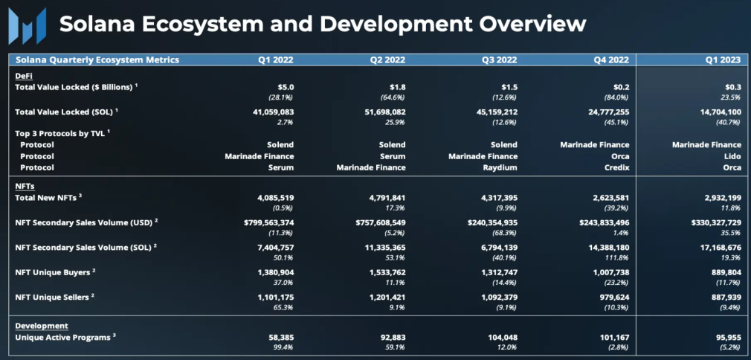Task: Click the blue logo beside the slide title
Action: click(28, 25)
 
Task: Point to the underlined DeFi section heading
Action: click(24, 76)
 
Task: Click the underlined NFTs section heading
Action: click(25, 187)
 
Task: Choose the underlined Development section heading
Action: click(42, 326)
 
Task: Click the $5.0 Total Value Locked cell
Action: click(286, 88)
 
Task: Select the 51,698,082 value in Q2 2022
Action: click(382, 112)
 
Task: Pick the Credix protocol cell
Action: click(617, 168)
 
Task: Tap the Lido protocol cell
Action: click(733, 156)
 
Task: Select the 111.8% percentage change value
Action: click(619, 258)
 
